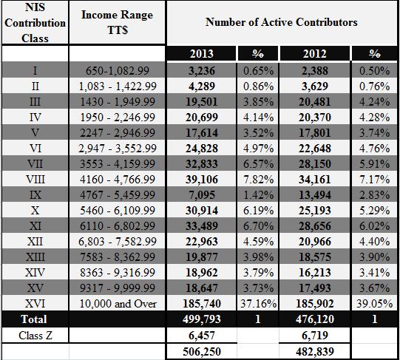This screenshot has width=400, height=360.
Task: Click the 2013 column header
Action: (201, 54)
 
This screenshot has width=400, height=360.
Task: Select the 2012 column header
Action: (314, 54)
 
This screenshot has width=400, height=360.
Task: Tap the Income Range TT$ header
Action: (117, 22)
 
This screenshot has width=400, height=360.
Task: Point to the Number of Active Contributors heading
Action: (282, 22)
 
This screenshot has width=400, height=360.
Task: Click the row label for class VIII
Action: (35, 180)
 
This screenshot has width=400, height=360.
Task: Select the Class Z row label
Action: (35, 336)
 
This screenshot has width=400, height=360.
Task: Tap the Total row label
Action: (34, 319)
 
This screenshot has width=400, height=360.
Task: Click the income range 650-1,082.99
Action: (118, 71)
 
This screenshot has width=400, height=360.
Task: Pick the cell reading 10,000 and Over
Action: (118, 304)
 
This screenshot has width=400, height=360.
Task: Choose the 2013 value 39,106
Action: (202, 180)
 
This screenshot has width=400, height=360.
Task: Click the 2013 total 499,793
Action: (202, 319)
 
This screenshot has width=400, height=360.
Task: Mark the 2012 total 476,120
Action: (315, 319)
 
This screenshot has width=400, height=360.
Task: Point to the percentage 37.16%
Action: (258, 304)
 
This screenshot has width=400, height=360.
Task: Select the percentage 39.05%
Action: (374, 304)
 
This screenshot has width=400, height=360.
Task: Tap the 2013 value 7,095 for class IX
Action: (202, 195)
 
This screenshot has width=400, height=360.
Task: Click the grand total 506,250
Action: (202, 352)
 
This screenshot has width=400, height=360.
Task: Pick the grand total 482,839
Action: (315, 352)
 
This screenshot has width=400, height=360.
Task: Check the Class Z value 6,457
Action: (202, 336)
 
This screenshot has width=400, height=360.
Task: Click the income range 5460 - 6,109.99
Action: (118, 211)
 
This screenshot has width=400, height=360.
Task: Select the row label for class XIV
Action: (35, 273)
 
